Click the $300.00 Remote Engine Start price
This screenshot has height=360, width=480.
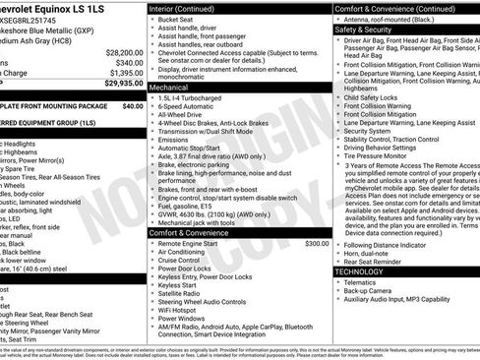[317, 243]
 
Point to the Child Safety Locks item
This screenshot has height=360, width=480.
[379, 98]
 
